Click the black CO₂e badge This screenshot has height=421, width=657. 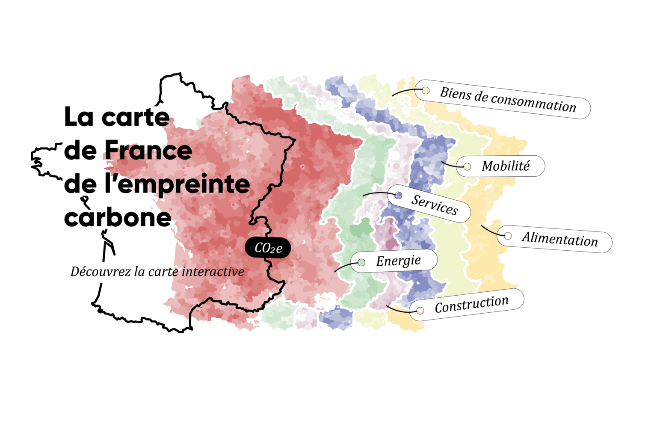coord(268,248)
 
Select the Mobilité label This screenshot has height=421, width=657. coord(506,166)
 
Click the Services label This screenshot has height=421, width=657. coord(434,204)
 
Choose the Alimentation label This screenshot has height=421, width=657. coord(559,239)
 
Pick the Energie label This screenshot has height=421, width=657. coord(398,261)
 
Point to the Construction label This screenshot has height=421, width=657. coord(471,305)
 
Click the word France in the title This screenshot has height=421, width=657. coord(148,151)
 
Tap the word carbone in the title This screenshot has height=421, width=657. coord(118,217)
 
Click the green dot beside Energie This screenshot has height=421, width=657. coord(361,262)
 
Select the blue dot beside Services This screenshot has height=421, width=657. coord(398,196)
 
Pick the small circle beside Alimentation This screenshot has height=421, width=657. coord(508,236)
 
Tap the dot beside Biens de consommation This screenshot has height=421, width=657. coord(426,90)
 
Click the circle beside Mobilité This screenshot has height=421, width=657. coord(467,166)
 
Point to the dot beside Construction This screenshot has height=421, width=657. coord(420,311)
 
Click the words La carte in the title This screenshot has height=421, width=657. coord(117,117)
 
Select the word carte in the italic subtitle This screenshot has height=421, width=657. coord(163,272)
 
